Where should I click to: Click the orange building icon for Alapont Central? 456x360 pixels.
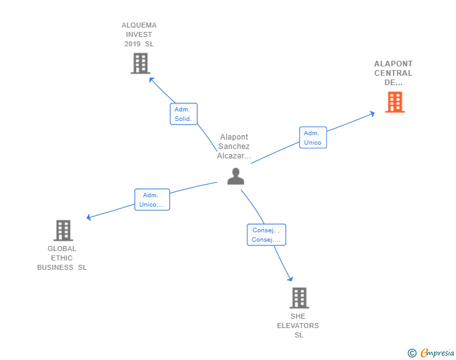click(395, 102)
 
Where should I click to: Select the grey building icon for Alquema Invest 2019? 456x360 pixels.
click(140, 63)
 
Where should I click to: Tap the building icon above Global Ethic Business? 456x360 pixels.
click(63, 230)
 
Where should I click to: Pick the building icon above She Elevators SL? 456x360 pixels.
click(299, 298)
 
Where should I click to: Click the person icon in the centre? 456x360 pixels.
click(236, 177)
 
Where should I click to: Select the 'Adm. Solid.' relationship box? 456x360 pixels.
click(184, 114)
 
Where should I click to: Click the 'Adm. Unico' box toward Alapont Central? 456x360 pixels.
click(313, 138)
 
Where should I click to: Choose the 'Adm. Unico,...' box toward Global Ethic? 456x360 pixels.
click(152, 200)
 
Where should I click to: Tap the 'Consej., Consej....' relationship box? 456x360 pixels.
click(266, 235)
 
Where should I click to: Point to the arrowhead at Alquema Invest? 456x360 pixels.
click(151, 80)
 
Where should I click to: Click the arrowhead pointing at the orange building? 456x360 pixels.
click(372, 113)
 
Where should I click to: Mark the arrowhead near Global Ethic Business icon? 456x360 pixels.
click(89, 217)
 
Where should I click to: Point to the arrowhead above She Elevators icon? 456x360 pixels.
click(290, 279)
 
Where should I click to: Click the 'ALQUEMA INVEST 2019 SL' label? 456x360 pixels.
click(139, 34)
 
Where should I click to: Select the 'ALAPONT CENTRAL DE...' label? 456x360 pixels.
click(393, 73)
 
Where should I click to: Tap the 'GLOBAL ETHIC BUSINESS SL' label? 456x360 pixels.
click(62, 258)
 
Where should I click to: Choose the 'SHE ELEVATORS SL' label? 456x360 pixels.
click(298, 326)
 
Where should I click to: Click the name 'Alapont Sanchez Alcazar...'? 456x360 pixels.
click(234, 147)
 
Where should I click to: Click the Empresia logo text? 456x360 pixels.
click(437, 353)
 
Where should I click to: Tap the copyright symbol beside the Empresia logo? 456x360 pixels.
click(412, 354)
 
